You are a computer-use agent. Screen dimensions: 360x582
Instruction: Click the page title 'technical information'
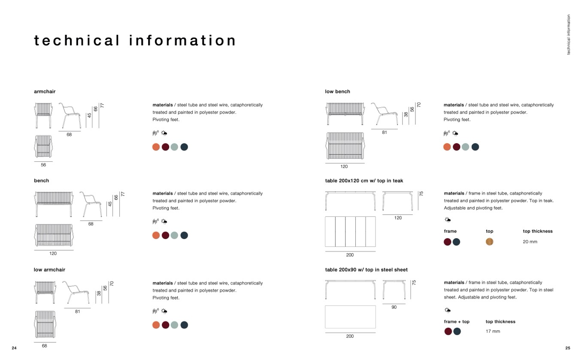click(135, 41)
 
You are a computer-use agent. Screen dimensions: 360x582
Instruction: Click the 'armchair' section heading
click(45, 91)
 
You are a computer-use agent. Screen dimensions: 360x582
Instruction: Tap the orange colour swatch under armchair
click(156, 147)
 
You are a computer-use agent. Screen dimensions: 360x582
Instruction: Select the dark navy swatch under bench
click(184, 235)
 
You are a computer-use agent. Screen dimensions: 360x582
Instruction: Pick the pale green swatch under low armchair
click(174, 325)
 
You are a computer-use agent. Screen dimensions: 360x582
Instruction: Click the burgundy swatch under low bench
click(456, 147)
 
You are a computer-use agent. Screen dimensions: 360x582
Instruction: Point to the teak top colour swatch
click(490, 242)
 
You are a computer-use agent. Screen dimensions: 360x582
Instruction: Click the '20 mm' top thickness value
click(530, 242)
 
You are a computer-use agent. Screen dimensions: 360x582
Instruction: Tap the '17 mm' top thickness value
click(493, 331)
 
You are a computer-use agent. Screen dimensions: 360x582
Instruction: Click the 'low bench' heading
click(337, 91)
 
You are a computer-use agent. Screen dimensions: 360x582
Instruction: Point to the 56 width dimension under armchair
click(43, 165)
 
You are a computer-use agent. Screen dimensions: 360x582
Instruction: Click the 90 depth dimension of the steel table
click(394, 307)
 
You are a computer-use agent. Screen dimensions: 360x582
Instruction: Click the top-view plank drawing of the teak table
click(350, 232)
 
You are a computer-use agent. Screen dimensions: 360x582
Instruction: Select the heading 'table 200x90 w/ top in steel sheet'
click(366, 269)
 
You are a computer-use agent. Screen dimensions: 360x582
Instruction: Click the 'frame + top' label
click(457, 321)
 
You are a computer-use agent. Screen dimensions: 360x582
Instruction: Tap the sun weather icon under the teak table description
click(448, 220)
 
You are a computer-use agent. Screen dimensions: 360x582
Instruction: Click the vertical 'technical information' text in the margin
click(569, 35)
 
